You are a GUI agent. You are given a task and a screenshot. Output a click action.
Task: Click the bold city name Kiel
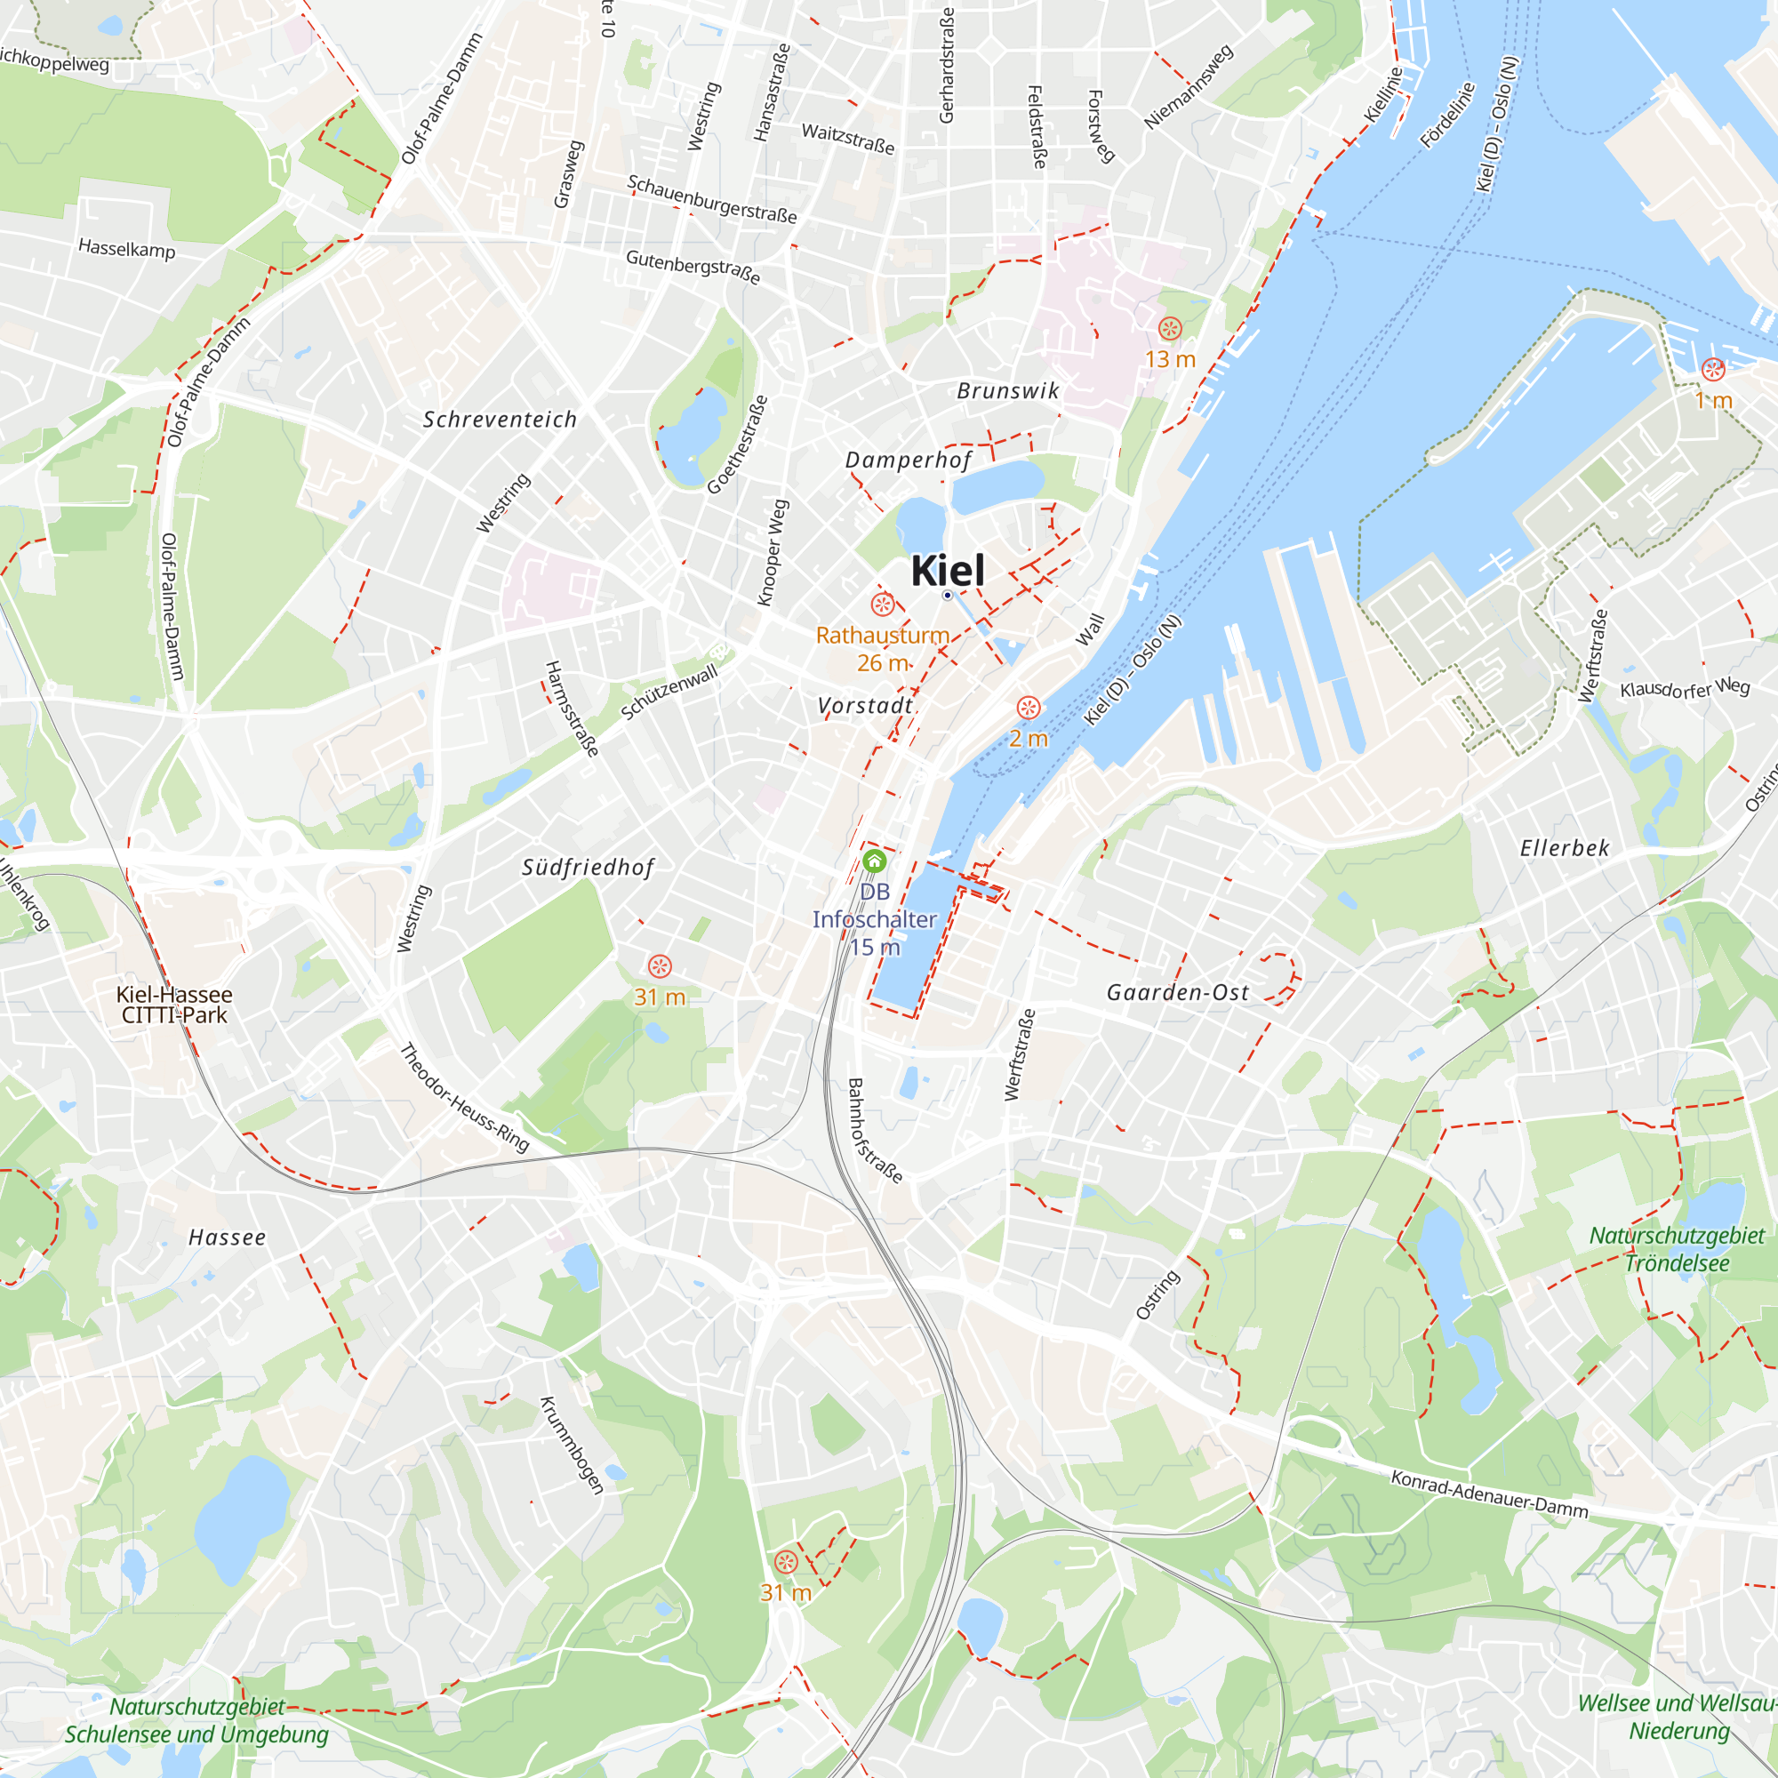(947, 571)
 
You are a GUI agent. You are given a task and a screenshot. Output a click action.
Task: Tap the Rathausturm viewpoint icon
(883, 605)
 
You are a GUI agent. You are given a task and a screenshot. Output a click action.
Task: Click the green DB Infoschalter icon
(874, 861)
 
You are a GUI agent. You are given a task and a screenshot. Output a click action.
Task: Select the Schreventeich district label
(500, 420)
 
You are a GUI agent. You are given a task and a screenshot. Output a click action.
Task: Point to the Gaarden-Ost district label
(1177, 992)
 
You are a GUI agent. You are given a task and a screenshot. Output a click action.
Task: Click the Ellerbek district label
(1565, 847)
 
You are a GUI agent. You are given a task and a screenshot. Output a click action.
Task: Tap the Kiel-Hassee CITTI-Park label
(174, 1004)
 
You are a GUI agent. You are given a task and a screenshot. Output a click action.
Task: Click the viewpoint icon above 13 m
(1170, 329)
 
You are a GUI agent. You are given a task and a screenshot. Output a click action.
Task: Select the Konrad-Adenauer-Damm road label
(1489, 1494)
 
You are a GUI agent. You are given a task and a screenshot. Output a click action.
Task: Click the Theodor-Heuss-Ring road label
(465, 1098)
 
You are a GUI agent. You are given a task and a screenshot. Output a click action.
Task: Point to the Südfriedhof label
(588, 867)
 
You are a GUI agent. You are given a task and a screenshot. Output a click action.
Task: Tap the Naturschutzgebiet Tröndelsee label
(1677, 1249)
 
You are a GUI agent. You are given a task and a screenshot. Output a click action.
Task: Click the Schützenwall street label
(669, 692)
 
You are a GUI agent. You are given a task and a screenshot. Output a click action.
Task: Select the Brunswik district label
(1008, 391)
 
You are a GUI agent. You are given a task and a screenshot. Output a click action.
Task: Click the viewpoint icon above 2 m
(1028, 708)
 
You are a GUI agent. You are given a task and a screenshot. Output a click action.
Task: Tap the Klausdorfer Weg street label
(1684, 687)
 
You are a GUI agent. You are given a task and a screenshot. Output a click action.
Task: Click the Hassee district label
(228, 1237)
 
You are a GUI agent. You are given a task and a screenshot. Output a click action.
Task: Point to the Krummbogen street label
(572, 1446)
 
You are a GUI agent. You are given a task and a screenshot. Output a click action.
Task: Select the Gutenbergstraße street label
(693, 267)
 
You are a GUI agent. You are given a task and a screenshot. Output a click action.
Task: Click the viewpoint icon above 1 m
(1713, 370)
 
